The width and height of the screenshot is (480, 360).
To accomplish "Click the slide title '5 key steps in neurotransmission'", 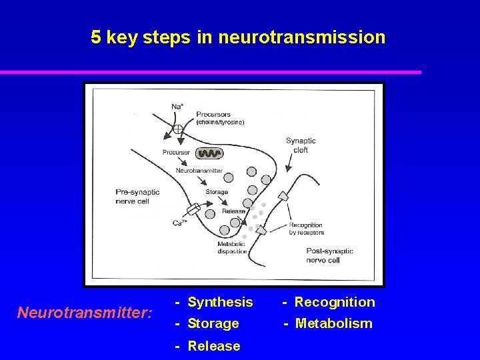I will click(x=238, y=37).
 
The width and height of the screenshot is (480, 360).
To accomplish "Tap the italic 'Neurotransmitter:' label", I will click(x=85, y=312).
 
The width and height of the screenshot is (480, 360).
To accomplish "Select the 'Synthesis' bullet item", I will click(x=220, y=302).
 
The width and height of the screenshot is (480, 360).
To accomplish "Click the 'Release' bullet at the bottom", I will click(x=214, y=346).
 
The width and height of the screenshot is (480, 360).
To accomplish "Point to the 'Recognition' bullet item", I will click(x=334, y=302).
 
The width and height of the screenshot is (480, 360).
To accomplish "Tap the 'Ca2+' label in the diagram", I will click(x=179, y=223).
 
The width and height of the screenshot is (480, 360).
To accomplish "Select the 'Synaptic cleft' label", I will click(x=301, y=145).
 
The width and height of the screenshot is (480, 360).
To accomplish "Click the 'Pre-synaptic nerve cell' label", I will click(x=137, y=196).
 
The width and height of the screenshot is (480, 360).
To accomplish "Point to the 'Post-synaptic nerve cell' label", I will click(x=329, y=255).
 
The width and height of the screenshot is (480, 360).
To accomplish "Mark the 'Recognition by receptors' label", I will click(x=306, y=229).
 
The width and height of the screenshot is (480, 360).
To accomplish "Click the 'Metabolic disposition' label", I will click(x=233, y=248).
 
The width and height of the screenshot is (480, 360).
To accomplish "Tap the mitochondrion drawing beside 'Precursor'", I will click(x=210, y=153).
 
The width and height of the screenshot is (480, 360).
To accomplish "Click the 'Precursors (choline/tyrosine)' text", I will click(x=220, y=118).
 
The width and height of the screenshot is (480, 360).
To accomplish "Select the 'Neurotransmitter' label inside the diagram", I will click(x=199, y=171).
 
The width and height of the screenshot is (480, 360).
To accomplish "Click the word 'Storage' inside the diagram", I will click(x=217, y=192).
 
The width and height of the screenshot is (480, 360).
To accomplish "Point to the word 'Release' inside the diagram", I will click(x=233, y=211).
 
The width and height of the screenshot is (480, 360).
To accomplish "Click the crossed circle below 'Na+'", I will click(x=178, y=129).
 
